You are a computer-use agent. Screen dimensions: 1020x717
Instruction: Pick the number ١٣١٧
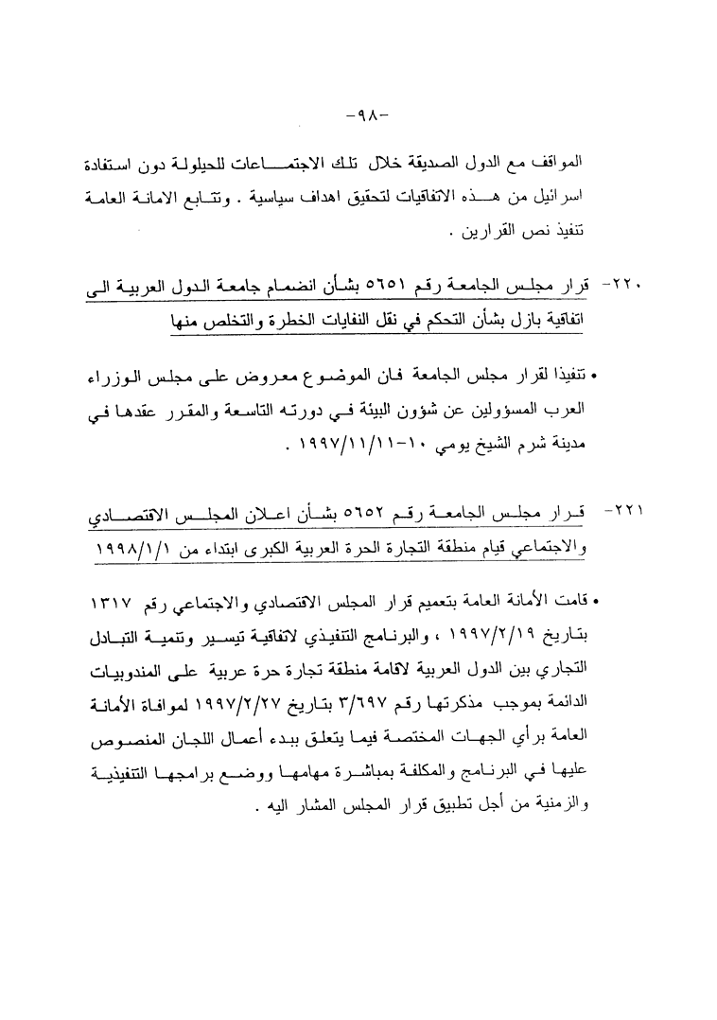[x=107, y=602]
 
